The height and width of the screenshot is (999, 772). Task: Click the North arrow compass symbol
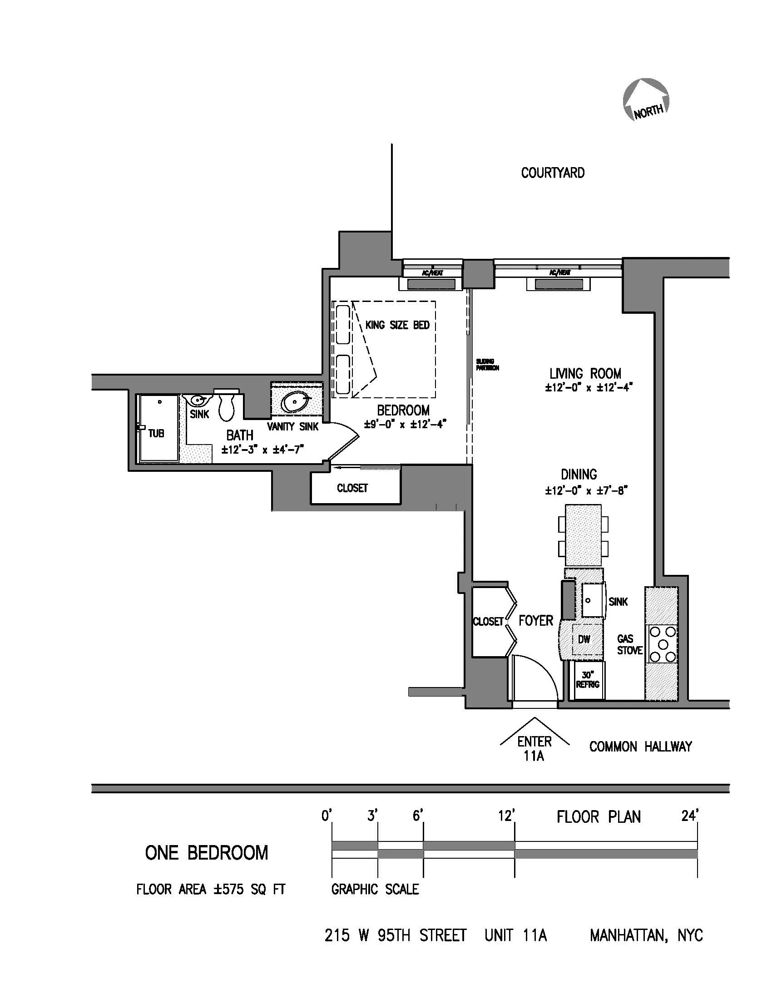point(646,100)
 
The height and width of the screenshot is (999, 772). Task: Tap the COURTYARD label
point(553,173)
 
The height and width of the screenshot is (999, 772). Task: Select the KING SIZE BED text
point(397,325)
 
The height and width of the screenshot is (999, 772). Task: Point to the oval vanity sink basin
point(295,402)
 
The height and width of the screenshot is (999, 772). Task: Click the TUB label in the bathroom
point(156,433)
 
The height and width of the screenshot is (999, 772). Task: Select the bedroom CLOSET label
point(352,488)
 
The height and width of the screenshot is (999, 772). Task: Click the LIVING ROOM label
point(585,374)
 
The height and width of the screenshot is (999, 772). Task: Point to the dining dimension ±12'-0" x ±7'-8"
point(586,491)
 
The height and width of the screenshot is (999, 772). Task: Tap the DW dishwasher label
point(584,639)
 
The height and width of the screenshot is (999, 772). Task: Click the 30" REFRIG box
point(588,680)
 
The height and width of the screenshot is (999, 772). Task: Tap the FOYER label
point(535,621)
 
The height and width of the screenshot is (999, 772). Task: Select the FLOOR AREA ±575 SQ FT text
point(211,890)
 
